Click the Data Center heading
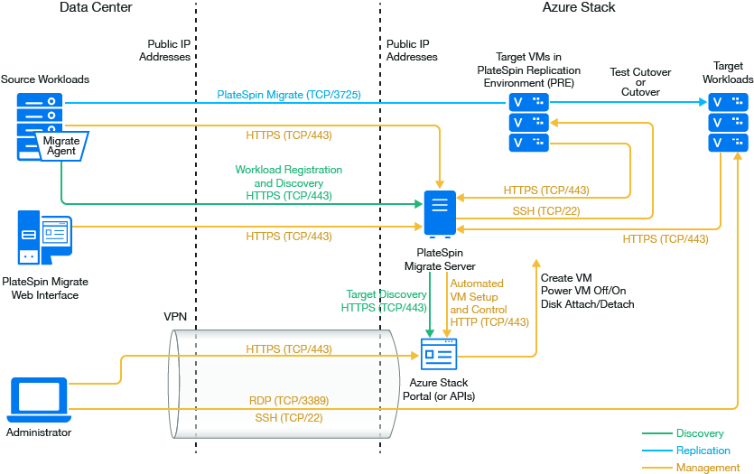tap(96, 8)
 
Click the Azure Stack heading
tap(579, 8)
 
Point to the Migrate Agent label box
tap(61, 146)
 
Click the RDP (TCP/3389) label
tap(288, 400)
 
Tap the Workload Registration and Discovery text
tap(288, 182)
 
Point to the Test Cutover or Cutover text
tap(640, 80)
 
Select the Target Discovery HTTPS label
tap(385, 302)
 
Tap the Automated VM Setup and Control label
tap(489, 302)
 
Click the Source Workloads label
tap(45, 79)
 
